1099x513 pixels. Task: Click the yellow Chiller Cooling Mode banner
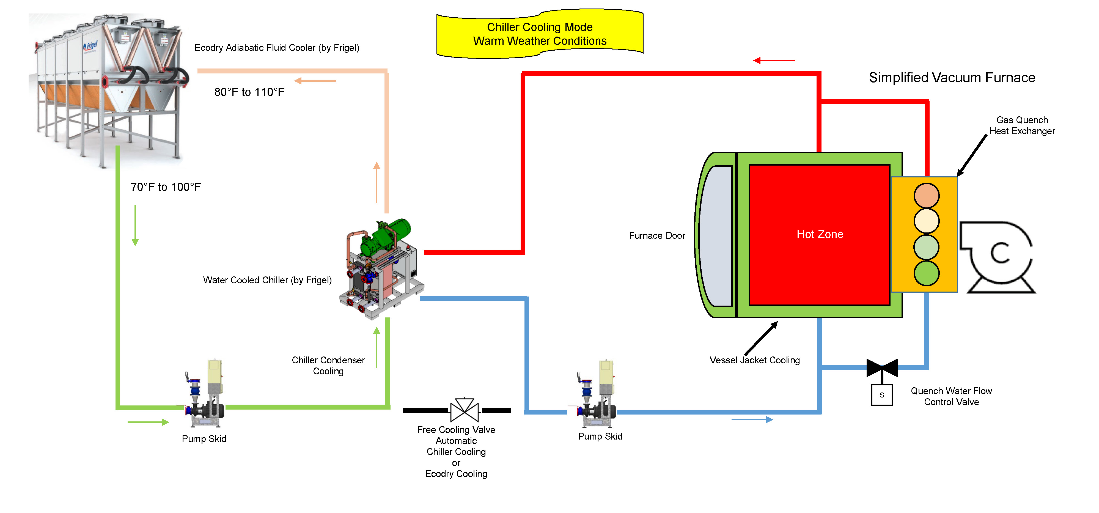pos(540,34)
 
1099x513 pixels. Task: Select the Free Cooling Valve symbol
pos(464,410)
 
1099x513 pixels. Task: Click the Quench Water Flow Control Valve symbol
pos(882,367)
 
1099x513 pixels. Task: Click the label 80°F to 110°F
pos(249,92)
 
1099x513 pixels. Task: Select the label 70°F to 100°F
pos(166,187)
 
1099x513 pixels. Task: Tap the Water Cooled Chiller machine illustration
pos(381,269)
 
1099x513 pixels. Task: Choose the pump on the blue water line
pos(597,395)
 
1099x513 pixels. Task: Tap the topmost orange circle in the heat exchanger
pos(926,196)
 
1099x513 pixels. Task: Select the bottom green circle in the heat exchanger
pos(926,273)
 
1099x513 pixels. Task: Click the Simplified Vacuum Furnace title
pos(952,78)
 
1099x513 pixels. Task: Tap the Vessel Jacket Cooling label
pos(754,360)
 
